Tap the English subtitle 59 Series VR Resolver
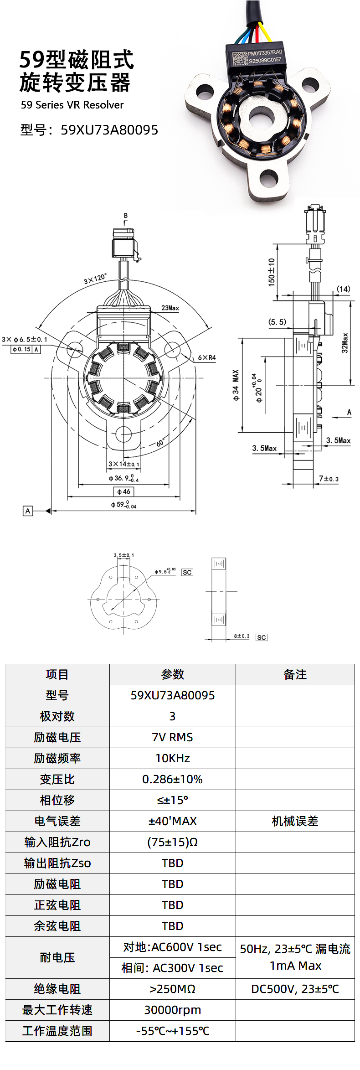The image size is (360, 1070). [72, 105]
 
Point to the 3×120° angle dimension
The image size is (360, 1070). [95, 279]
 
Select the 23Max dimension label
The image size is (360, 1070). [170, 308]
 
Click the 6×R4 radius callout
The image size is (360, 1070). [206, 357]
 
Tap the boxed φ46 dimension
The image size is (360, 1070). [123, 491]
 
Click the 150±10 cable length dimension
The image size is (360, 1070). [272, 272]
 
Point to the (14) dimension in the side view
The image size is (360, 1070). [344, 289]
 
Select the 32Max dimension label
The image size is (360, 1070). [345, 343]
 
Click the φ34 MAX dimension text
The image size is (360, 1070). [236, 385]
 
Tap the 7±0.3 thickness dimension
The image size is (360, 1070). [329, 479]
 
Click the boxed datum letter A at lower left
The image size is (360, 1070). [28, 511]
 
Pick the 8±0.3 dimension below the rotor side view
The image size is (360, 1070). [242, 636]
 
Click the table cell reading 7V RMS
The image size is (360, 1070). [172, 737]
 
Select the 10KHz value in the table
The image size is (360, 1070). [172, 758]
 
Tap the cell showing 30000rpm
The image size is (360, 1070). [172, 1010]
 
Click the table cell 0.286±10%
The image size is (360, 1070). [172, 779]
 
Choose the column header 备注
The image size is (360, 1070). [295, 674]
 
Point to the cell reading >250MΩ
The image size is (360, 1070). [172, 989]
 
